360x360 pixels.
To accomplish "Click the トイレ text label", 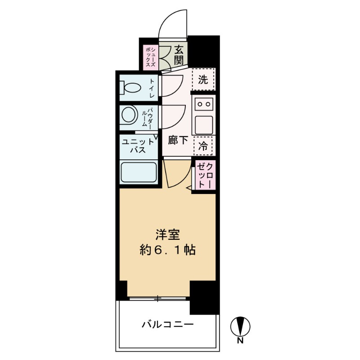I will click(x=152, y=88).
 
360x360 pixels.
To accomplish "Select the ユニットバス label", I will click(x=138, y=146).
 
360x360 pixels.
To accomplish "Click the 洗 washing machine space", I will click(x=203, y=80).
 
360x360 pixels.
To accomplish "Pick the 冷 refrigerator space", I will click(x=203, y=145).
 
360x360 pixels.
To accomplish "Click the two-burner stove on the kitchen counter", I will click(x=204, y=104).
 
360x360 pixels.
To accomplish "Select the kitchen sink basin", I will click(x=203, y=123).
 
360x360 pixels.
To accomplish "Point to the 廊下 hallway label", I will click(x=178, y=140).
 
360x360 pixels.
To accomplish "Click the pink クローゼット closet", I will click(x=204, y=175).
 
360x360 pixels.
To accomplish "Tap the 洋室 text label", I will click(x=168, y=234).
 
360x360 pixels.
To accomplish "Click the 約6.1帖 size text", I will click(x=168, y=250).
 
